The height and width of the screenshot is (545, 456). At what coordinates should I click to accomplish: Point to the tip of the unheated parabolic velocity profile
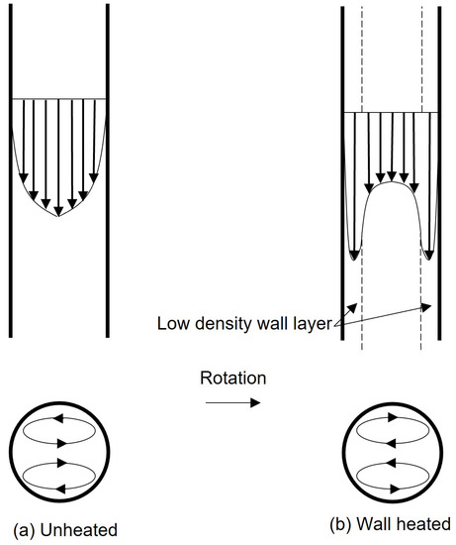(58, 216)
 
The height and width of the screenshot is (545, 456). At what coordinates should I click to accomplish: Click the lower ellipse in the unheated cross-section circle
(57, 474)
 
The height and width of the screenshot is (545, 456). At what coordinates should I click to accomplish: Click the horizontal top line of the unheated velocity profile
(58, 99)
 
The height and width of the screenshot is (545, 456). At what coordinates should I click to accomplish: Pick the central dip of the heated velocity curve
(392, 182)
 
